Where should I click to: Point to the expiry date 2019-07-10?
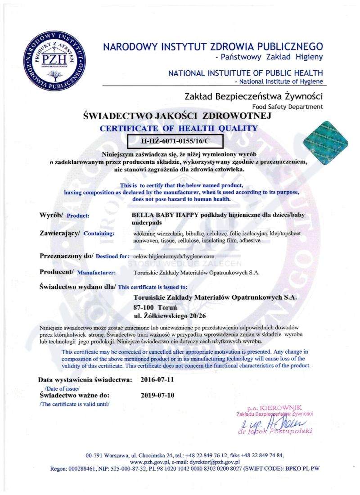(x=157, y=396)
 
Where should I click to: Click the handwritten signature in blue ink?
(x=270, y=423)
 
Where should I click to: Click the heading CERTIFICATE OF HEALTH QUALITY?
(x=179, y=128)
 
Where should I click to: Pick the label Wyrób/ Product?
(x=64, y=215)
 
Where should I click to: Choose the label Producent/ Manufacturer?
(x=77, y=272)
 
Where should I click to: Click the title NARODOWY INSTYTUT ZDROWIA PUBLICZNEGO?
(x=213, y=46)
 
